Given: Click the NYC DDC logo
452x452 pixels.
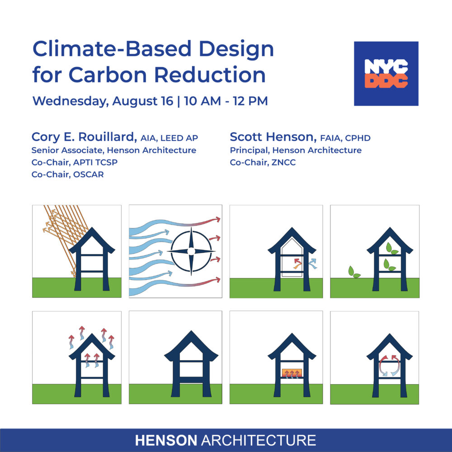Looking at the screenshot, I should coord(386,74).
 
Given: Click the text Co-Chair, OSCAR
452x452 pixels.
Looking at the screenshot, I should coord(67,174).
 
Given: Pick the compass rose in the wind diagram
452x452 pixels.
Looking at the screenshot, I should coord(191,251).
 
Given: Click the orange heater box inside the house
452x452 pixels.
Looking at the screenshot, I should coord(292,373).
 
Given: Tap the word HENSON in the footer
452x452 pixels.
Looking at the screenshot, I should coord(166,440).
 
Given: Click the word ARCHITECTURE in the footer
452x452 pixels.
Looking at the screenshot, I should coord(258,440).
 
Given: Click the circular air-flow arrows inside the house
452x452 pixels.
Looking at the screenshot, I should coord(390,365).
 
